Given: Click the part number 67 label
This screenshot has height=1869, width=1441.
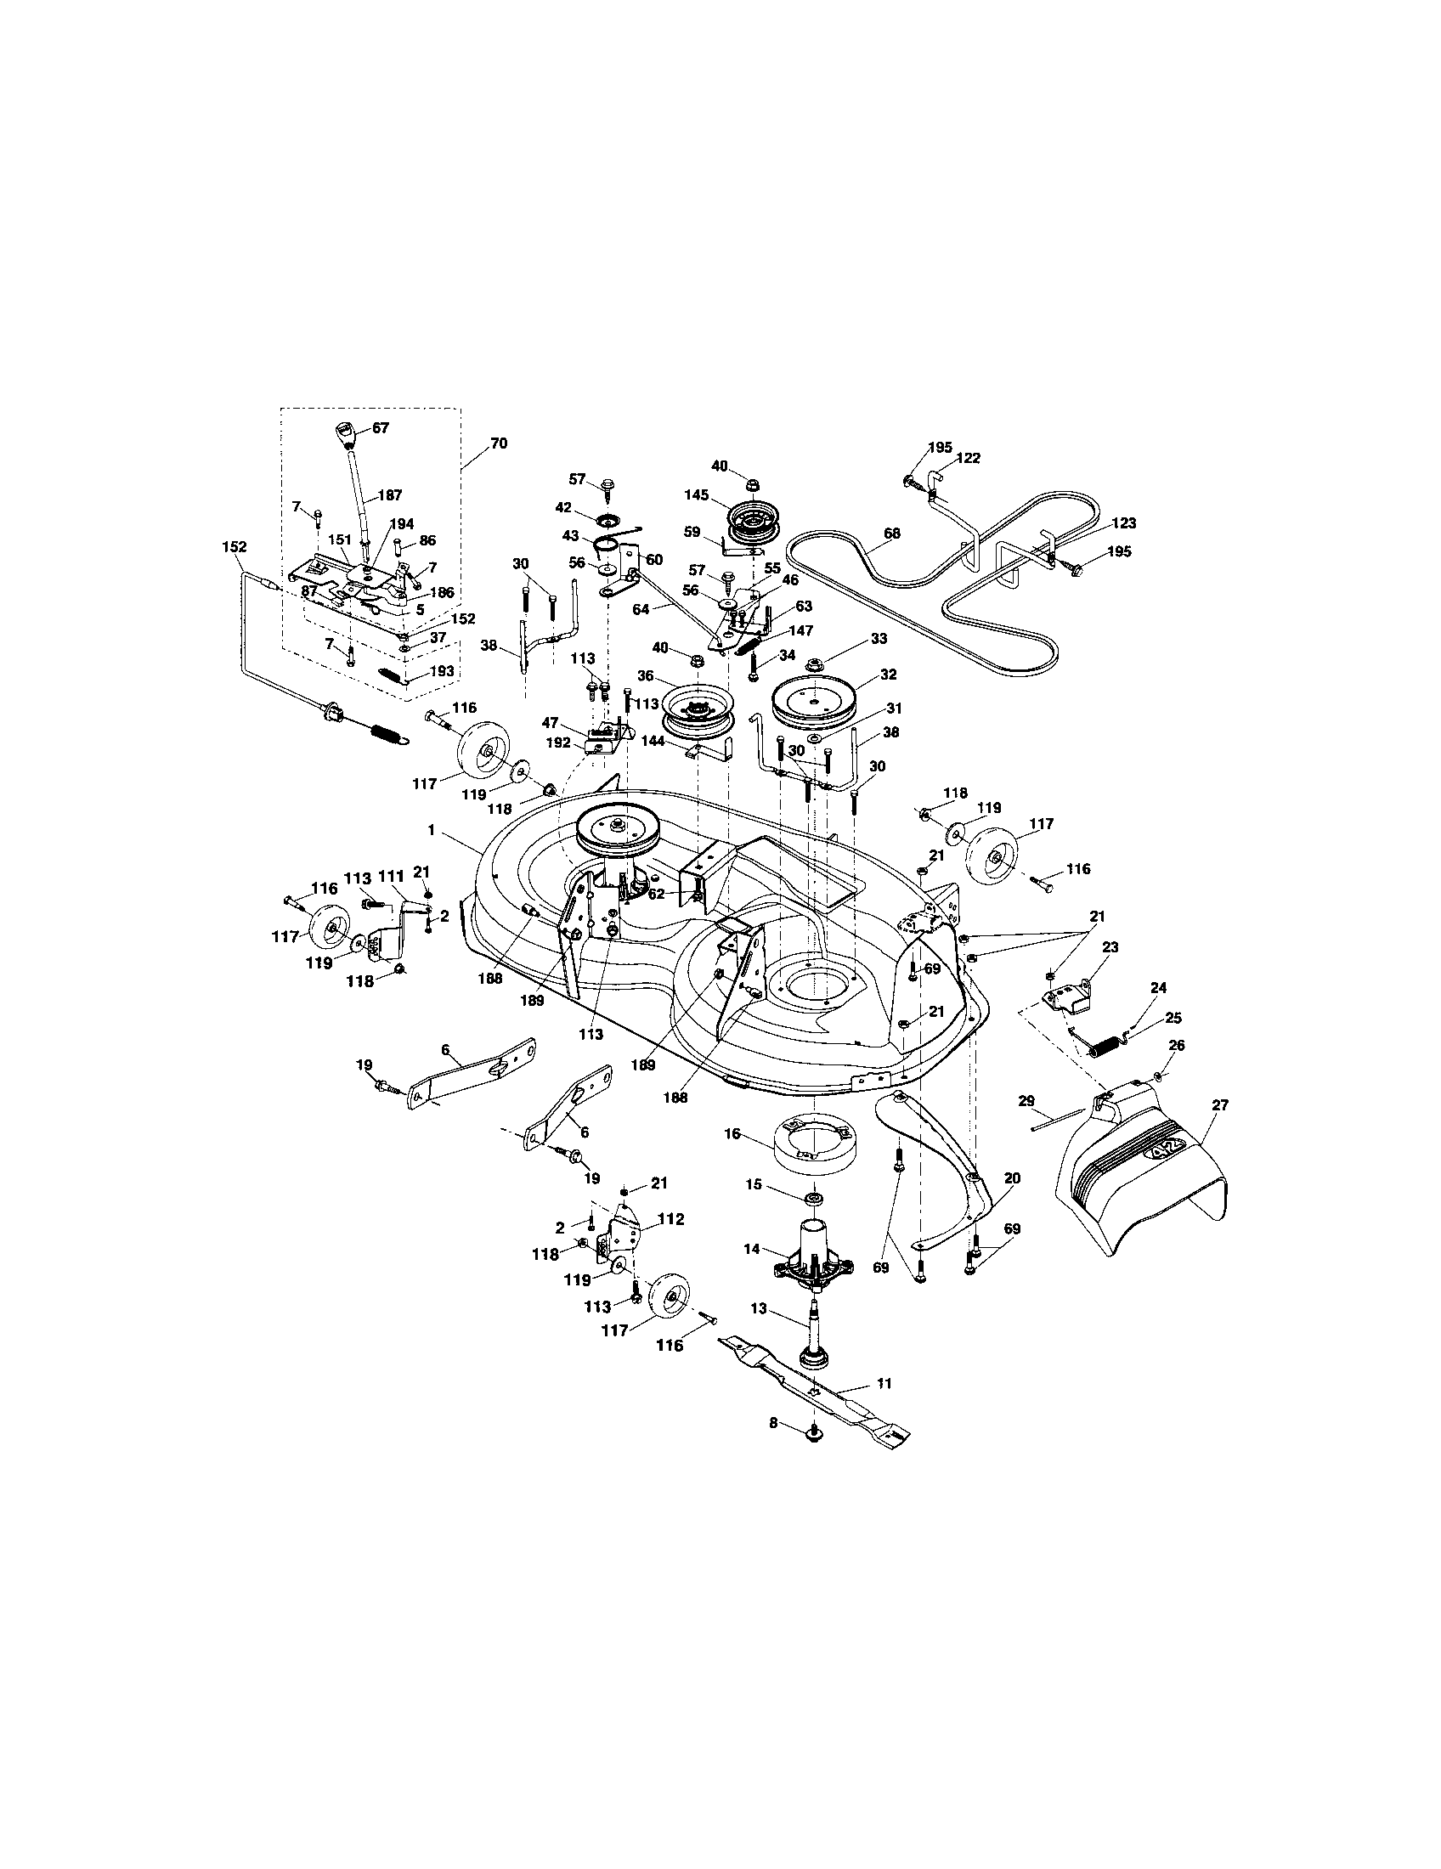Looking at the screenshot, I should pyautogui.click(x=380, y=428).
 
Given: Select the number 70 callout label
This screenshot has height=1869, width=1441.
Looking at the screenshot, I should pyautogui.click(x=499, y=443).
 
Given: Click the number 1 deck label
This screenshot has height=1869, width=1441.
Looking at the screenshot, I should pyautogui.click(x=432, y=829).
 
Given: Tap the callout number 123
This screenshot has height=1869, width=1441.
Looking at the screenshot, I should pyautogui.click(x=1123, y=522).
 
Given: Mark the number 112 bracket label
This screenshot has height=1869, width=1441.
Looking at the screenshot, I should pyautogui.click(x=670, y=1219).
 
